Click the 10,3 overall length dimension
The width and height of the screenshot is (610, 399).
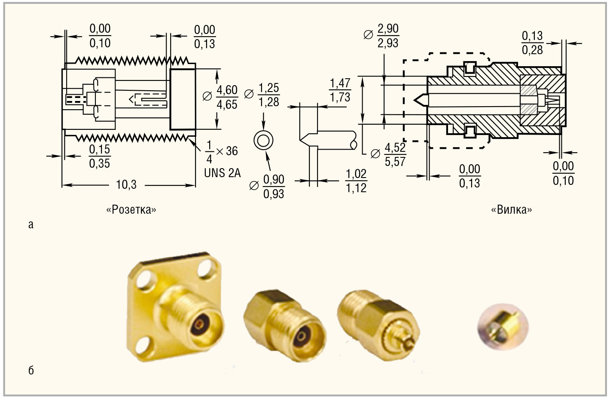(126, 185)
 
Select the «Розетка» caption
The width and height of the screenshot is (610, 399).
(131, 210)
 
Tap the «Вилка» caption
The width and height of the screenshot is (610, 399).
(511, 210)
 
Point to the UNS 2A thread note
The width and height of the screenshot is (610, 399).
(222, 173)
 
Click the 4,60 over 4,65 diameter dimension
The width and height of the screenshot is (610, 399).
(227, 97)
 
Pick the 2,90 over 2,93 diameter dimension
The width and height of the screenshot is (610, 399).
(387, 36)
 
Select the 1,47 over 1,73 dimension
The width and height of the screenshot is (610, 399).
(340, 90)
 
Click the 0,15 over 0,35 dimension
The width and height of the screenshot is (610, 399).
(100, 157)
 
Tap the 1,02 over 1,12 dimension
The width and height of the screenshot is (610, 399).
(356, 181)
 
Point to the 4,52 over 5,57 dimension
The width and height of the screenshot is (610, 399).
(395, 154)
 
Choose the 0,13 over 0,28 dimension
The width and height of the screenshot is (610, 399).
(532, 43)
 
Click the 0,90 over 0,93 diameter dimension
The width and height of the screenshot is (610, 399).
(274, 187)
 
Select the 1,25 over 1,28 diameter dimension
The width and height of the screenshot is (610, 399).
(268, 95)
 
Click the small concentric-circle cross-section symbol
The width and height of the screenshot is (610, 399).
(263, 140)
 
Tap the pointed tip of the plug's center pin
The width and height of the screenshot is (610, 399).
(416, 100)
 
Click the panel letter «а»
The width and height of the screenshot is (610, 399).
(30, 224)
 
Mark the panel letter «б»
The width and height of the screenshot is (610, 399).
(31, 371)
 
